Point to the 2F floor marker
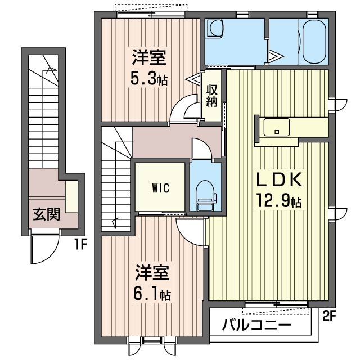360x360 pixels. [x=329, y=316]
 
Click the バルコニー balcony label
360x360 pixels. [x=256, y=325]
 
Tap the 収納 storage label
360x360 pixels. [x=212, y=95]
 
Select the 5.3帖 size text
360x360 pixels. [x=150, y=78]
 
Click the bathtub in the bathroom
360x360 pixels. [x=314, y=42]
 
